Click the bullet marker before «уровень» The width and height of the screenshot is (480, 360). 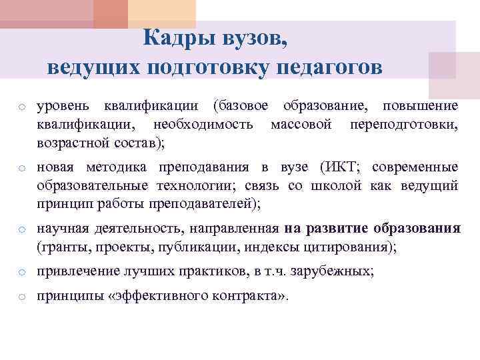point(22,107)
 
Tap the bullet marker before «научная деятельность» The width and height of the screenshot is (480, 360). point(22,230)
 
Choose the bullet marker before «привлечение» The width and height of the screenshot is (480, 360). point(22,272)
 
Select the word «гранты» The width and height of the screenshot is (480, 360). point(61,247)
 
